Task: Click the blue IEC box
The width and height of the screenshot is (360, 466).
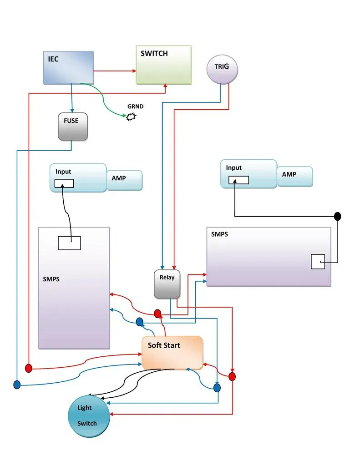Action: (68, 67)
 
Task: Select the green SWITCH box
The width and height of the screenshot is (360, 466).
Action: (163, 65)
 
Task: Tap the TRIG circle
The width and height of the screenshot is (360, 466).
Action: (222, 69)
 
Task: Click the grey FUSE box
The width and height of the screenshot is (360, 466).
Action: (73, 127)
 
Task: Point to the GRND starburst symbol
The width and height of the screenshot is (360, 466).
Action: (131, 117)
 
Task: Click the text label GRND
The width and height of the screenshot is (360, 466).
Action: (135, 106)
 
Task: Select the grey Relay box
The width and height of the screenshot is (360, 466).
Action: (167, 284)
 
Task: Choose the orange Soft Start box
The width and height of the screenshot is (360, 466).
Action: (172, 353)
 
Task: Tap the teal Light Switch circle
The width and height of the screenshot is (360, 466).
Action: (89, 416)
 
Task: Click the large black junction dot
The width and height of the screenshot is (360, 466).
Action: (337, 216)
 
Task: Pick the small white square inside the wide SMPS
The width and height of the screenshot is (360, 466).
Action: (318, 262)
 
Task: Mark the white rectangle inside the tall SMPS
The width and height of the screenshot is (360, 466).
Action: (69, 243)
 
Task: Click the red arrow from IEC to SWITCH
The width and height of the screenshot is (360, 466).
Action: (115, 71)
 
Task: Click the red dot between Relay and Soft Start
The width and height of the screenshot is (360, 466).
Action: (157, 313)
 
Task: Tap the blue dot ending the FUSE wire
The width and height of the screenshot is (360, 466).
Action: (17, 385)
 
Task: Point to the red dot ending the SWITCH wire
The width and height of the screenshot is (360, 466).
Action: (29, 368)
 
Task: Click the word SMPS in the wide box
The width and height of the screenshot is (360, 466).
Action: (220, 234)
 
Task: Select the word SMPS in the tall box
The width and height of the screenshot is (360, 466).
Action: (51, 279)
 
